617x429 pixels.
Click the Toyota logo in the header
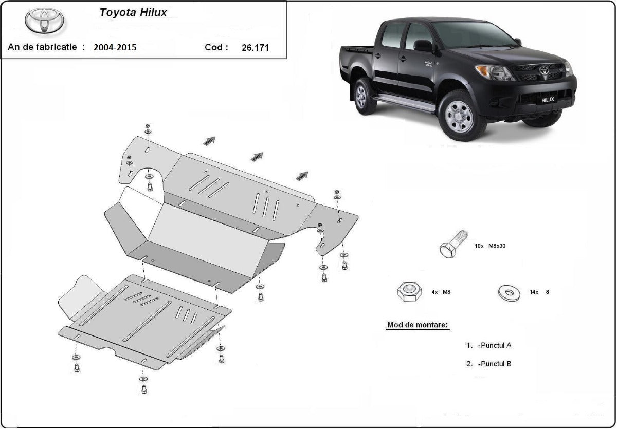[x=44, y=21]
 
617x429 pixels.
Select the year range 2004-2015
[x=115, y=48]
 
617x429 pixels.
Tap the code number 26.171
[x=255, y=48]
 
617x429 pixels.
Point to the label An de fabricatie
[x=43, y=47]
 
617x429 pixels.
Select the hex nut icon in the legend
[x=409, y=292]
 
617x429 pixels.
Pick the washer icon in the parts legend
[x=509, y=292]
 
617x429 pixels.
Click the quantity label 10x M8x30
[x=490, y=246]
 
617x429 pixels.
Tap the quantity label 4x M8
[x=441, y=292]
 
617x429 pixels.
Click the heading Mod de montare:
[x=417, y=325]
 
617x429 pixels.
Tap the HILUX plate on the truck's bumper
[x=548, y=100]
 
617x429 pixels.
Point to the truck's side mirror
[x=423, y=46]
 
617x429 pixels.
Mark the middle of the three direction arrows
[x=257, y=156]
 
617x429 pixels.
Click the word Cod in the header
[x=216, y=47]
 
